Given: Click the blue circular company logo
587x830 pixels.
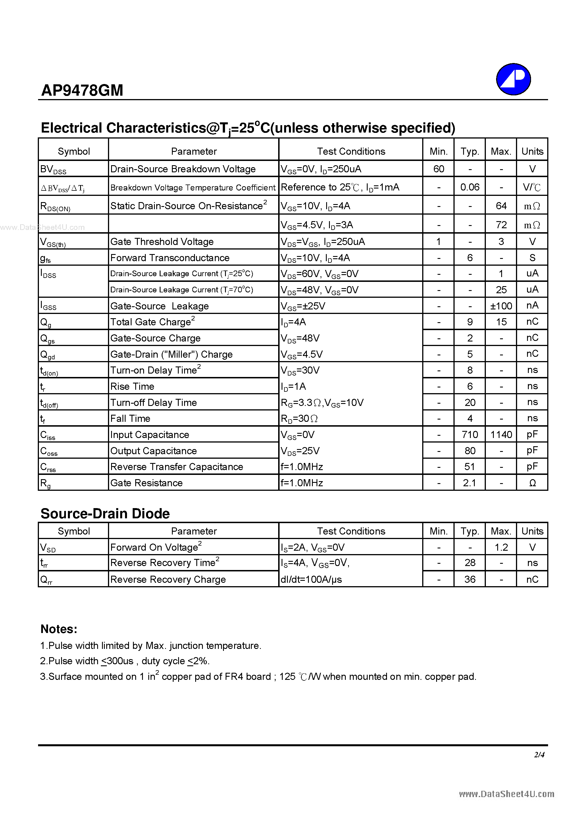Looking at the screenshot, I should tap(513, 79).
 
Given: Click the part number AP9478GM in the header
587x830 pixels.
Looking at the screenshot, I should tap(82, 90).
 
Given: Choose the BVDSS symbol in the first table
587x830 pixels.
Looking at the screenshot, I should tap(53, 169).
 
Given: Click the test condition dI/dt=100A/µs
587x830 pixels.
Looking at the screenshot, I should tap(311, 579).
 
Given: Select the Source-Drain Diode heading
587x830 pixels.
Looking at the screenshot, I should tap(105, 513).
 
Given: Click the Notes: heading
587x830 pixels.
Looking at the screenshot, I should tap(59, 629).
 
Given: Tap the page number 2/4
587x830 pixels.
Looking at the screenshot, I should tap(539, 754).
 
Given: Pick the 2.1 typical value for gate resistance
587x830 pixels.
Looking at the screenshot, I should tap(469, 483).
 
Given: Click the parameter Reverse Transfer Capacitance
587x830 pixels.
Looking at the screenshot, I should tap(177, 467).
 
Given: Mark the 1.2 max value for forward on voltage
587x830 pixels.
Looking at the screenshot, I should tap(501, 547).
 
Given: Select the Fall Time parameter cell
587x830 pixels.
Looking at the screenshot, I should tap(130, 418).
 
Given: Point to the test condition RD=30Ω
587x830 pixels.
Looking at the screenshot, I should tap(299, 418).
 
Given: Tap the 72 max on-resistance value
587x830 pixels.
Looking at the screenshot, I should tap(501, 225).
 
